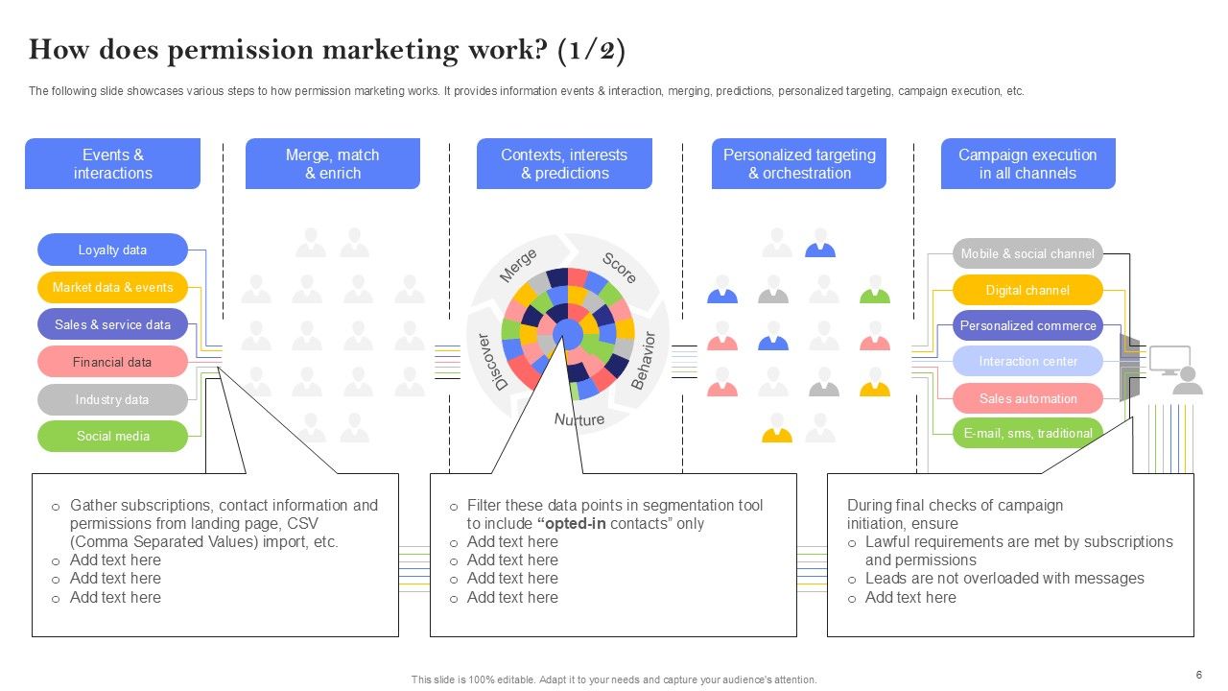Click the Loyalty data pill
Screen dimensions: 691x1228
112,250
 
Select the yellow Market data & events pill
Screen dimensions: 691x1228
112,287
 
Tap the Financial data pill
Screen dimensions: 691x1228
112,362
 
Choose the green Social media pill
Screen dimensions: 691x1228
112,436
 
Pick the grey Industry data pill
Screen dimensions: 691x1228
112,399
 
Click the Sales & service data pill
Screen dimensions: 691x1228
112,324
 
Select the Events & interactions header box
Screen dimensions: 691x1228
112,164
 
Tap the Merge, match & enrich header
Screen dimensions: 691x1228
332,164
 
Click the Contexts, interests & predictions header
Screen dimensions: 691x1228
564,164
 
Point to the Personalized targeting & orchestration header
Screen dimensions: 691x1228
799,164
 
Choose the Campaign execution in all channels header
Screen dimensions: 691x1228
1027,164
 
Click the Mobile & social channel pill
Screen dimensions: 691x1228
1027,253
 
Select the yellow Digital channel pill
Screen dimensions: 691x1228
1027,290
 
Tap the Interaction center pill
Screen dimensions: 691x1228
1027,362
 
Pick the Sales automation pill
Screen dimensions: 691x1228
1027,398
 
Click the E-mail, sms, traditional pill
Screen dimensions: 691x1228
1027,433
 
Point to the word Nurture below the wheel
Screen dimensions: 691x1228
579,419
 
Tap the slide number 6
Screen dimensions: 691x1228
1198,675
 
